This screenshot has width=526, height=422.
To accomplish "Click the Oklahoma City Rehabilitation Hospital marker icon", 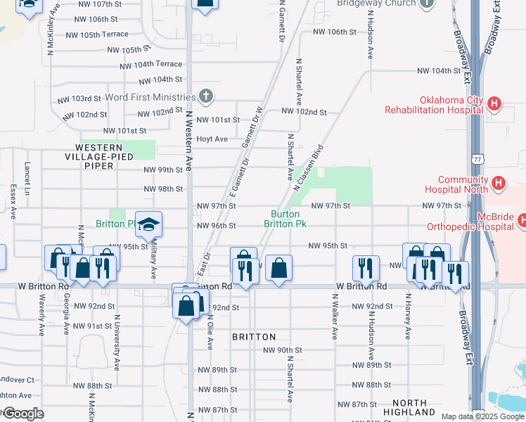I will [494, 104].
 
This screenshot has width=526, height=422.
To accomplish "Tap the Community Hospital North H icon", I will [499, 184].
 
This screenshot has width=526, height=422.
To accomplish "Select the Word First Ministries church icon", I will [205, 96].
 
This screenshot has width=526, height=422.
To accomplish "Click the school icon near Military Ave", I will [148, 224].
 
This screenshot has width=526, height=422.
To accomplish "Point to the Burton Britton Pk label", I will [286, 219].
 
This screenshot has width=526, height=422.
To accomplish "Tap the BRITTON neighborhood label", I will [254, 337].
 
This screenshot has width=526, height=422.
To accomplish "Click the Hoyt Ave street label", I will [212, 139].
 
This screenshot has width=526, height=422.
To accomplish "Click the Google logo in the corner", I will [23, 414].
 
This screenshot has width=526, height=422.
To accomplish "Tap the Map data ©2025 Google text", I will [482, 416].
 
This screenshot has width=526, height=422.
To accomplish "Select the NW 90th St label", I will [282, 350].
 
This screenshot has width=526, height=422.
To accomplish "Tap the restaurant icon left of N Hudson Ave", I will [365, 267].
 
